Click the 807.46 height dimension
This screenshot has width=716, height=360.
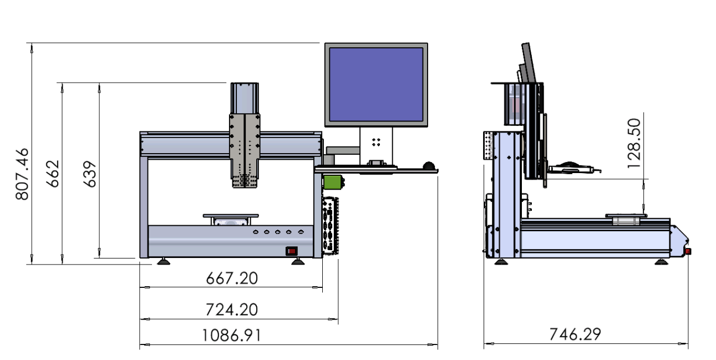coord(22,174)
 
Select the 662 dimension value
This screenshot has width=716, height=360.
coord(53,174)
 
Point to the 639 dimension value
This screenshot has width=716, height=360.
coord(89,174)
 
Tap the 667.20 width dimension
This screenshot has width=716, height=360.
coord(232,278)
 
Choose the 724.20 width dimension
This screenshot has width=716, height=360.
coord(232,310)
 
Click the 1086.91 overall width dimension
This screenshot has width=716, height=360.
coord(232,336)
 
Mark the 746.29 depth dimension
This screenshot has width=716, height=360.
coord(575,334)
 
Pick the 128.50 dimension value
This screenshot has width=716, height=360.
coord(634,144)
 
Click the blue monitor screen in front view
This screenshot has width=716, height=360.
coord(376,85)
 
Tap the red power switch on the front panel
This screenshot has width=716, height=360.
coord(292,251)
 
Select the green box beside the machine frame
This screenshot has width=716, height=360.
coord(332,182)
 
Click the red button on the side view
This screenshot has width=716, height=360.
coord(688,252)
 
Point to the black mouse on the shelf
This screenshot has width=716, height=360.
coord(429,166)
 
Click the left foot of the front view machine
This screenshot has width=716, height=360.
coord(164,262)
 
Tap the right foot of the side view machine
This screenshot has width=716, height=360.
coord(661,262)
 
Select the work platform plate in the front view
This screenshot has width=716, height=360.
coord(231,216)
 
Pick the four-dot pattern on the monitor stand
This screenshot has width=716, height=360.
coord(376,142)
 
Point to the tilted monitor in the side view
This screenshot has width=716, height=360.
coord(530,63)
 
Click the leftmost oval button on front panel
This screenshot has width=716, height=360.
coord(255,232)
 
